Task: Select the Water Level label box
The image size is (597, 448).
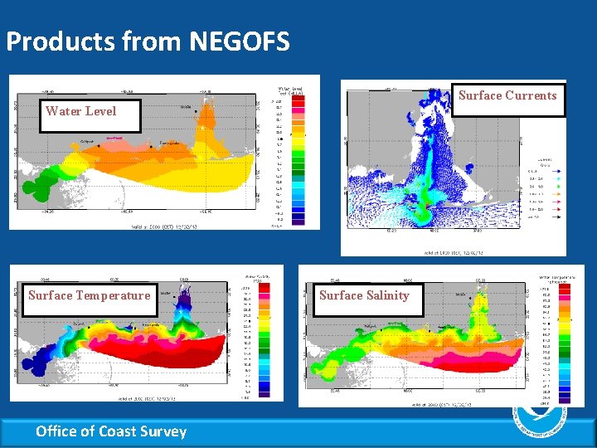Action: [81, 111]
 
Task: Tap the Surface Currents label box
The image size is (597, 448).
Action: [507, 95]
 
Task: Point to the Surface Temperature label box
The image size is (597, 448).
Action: [89, 295]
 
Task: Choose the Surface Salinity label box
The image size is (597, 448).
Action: [364, 295]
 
